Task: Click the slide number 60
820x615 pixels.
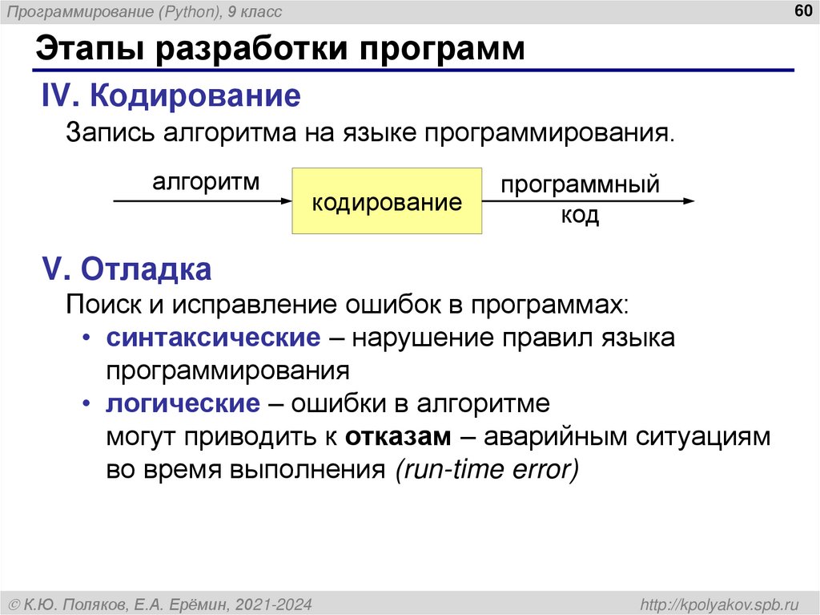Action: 801,10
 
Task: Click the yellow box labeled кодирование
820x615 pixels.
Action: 387,201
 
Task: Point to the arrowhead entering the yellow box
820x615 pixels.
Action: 287,201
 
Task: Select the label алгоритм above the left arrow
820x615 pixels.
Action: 207,181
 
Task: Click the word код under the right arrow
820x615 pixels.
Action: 580,216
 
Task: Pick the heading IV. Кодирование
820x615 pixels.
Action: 171,97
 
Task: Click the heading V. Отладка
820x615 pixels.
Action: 127,269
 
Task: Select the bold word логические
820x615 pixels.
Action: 183,403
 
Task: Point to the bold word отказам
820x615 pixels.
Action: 400,437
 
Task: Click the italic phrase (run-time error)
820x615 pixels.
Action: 485,471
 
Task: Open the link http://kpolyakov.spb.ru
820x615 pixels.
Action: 720,603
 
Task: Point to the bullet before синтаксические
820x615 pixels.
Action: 86,338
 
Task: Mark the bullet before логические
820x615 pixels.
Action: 86,404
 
